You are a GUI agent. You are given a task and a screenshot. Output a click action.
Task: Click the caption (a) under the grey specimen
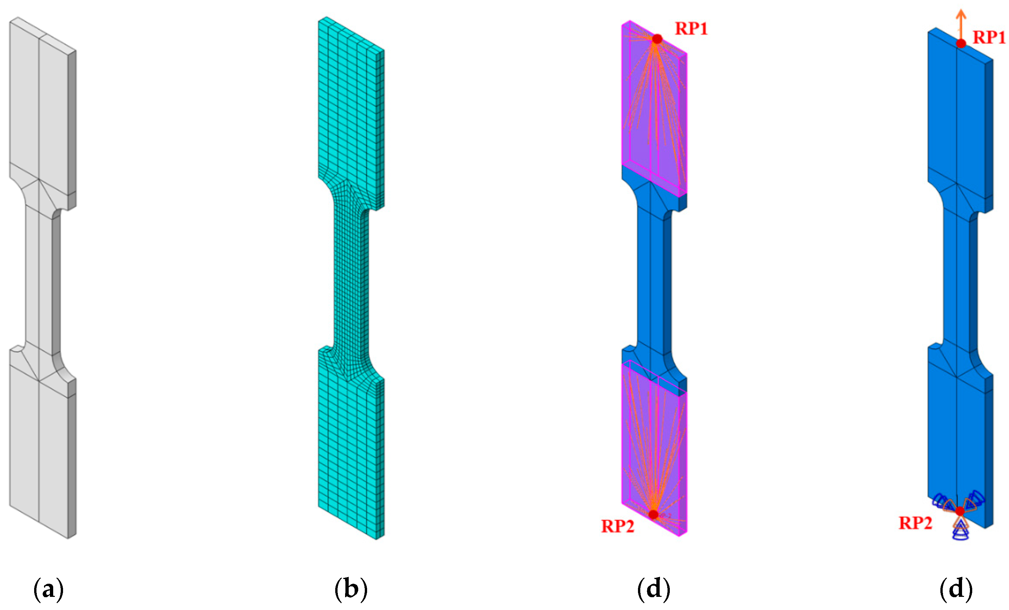pos(48,590)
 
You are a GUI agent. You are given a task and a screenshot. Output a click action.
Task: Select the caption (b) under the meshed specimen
pos(351,590)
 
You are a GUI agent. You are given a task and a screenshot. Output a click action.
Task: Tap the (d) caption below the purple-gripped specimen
pos(654,590)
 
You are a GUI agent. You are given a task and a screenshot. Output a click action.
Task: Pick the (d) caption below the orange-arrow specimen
pos(956,590)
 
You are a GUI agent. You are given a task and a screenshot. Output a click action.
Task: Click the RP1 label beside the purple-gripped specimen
pos(691,29)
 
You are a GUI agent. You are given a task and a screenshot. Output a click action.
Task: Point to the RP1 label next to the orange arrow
pos(989,37)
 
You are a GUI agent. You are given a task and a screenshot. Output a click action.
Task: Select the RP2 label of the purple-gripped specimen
pos(618,526)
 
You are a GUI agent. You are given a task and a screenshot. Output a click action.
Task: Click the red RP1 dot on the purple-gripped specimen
pos(657,39)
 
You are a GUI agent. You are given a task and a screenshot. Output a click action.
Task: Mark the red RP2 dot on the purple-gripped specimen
pos(653,514)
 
